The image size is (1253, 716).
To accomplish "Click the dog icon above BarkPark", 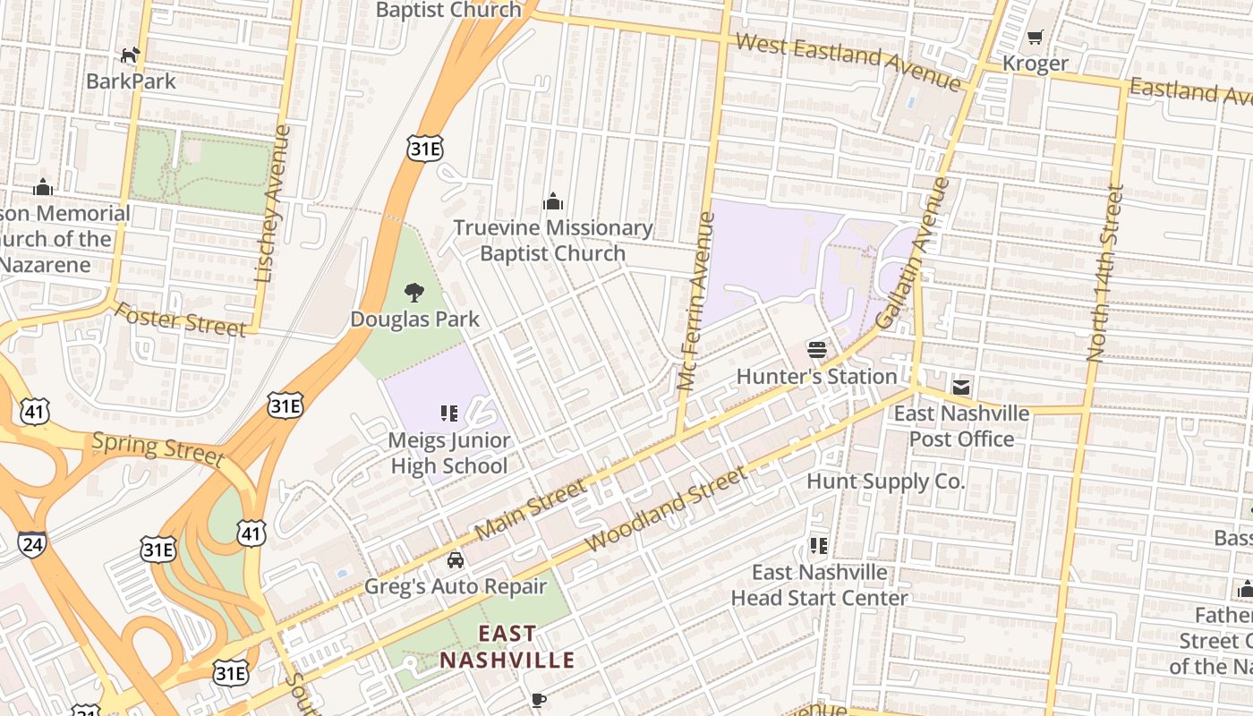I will pos(131,55).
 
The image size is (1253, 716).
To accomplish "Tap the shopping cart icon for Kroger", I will pos(1036,38).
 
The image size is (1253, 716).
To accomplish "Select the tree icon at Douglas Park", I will pos(413,293).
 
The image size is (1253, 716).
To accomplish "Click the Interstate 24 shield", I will pos(31,543).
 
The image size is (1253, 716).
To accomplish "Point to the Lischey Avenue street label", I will pos(274,204).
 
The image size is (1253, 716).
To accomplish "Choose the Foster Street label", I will pos(180,320).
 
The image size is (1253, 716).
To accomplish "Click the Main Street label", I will pos(531,509).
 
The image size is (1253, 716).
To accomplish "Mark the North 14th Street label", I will pos(1104,273).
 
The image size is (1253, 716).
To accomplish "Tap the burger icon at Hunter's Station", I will pos(816,349).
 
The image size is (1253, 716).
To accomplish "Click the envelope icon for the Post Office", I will pos(961,388).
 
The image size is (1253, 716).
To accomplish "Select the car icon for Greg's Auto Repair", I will pos(456,560).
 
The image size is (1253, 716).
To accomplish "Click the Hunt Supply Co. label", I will pos(886,482).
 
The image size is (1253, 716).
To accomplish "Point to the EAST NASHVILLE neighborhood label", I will pos(507,647).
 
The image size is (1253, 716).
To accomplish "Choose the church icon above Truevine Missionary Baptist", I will pos(553,200).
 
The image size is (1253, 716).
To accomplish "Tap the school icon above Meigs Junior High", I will pos(449,413).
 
